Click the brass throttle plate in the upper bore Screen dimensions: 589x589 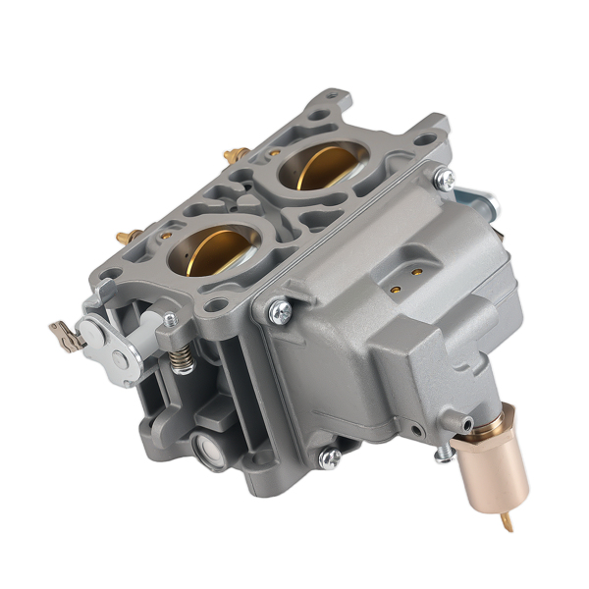[318, 170]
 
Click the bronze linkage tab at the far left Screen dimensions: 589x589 [65, 334]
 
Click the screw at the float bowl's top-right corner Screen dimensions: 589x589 [444, 179]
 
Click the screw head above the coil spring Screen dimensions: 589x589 [171, 319]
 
